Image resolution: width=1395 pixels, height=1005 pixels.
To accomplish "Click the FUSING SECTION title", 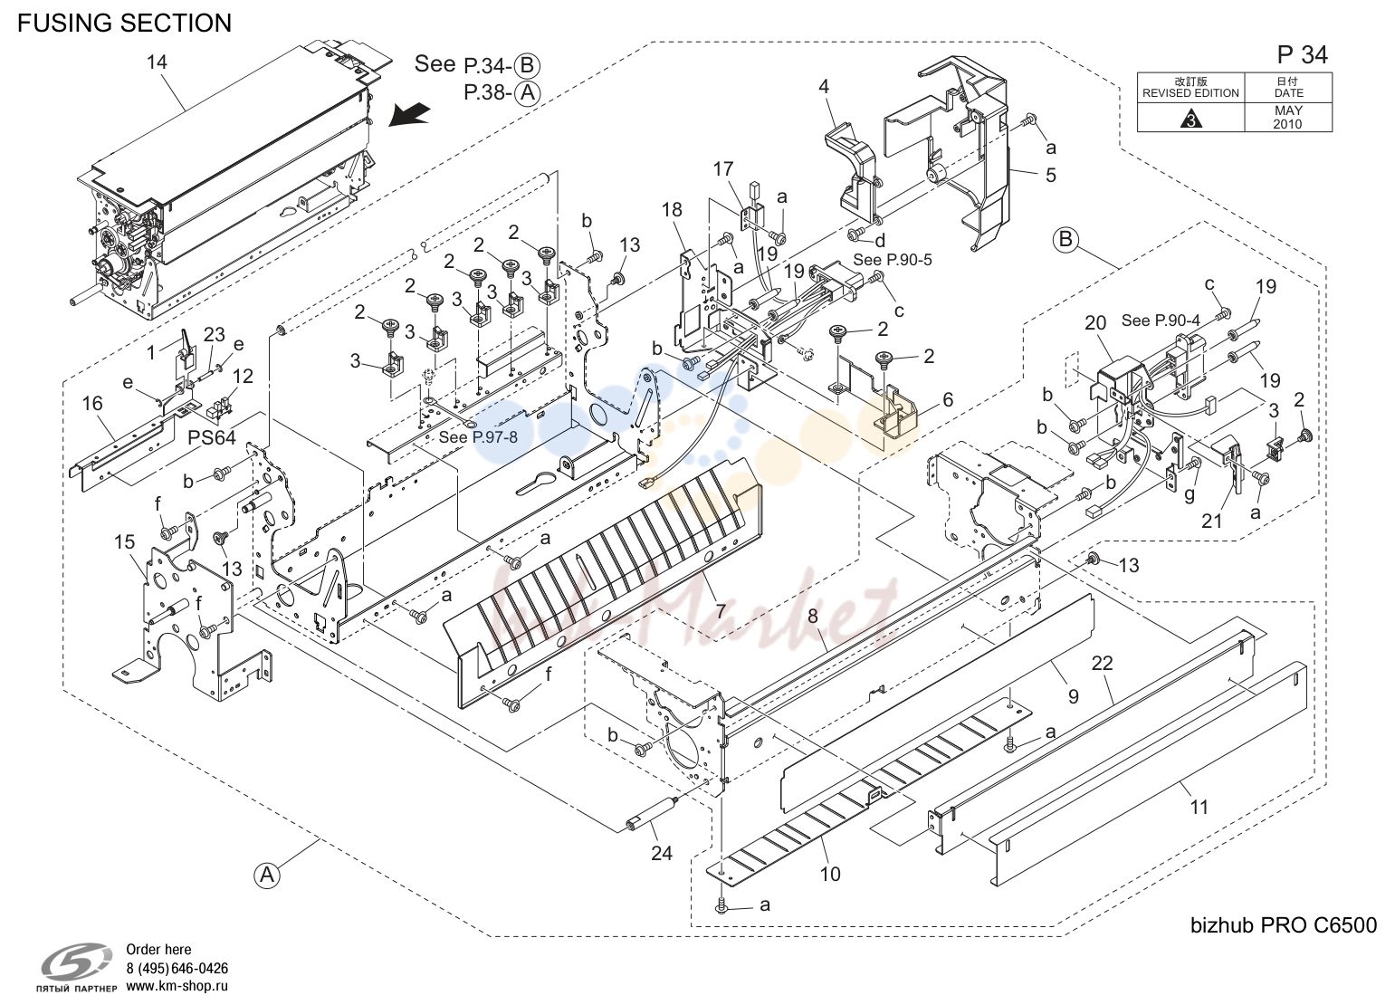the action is coord(125,23).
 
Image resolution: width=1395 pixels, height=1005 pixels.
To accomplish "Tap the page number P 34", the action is coord(1302,55).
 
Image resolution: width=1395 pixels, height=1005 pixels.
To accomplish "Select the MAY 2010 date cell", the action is coord(1288,117).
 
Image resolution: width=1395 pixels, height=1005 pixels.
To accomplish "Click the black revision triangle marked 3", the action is coord(1190,119).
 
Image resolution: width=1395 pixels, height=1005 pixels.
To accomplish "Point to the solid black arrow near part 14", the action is coord(409,115).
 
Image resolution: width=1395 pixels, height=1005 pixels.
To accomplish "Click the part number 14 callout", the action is coord(157,62).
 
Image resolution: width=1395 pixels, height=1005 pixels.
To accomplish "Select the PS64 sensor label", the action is coord(212,438).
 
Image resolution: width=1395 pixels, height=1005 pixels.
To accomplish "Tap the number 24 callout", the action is coord(662,852).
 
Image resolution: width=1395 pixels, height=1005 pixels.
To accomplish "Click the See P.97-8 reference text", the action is coord(478,436).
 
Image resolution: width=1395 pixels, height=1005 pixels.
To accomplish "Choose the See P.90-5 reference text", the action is coord(893,260).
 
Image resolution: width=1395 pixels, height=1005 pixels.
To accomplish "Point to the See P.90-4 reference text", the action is coord(1161,321).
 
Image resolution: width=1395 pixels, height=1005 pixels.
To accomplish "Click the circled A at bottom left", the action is coord(267,876).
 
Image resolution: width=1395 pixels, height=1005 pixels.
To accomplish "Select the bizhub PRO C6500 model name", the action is coord(1284,924).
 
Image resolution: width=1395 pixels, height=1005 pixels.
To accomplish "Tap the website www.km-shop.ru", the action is coord(177,986).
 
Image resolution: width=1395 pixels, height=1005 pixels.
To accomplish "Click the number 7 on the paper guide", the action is coord(721,610).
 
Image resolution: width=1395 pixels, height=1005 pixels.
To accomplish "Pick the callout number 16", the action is coord(92,404).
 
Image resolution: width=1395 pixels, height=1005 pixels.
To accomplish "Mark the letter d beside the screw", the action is coord(880,241).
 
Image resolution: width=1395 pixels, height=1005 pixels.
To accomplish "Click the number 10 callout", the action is coord(830,874).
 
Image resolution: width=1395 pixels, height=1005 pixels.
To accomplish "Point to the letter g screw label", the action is coord(1190,494).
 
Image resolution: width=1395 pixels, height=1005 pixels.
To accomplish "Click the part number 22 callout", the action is coord(1102,663).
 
